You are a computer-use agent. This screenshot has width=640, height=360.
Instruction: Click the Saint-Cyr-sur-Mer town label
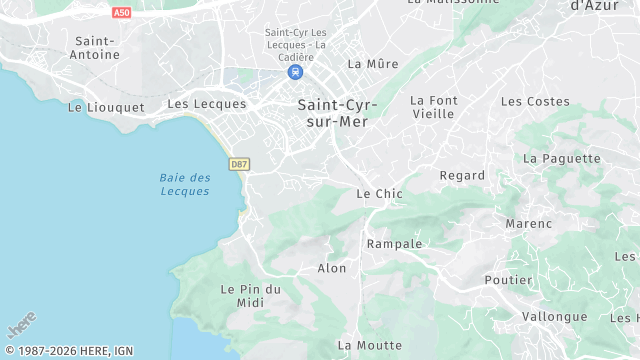[x=333, y=112]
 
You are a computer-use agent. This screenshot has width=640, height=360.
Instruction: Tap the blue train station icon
[x=295, y=72]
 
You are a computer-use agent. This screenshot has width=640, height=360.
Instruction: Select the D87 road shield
[x=239, y=164]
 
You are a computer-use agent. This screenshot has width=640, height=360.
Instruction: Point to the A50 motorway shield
[x=121, y=12]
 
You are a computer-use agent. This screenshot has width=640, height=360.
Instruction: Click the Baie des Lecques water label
[x=185, y=184]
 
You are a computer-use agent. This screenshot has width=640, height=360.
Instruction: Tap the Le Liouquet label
[x=105, y=106]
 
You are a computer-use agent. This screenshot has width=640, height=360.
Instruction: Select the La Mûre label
[x=373, y=64]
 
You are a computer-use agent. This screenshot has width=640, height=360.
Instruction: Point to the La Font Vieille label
[x=433, y=107]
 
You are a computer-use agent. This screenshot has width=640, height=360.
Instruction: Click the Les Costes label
[x=535, y=101]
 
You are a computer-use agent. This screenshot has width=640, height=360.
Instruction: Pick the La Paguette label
[x=562, y=158]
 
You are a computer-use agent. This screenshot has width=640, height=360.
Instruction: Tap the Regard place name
[x=462, y=175]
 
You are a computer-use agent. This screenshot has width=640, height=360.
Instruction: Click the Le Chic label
[x=379, y=194]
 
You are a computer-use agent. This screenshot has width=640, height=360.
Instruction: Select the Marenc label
[x=529, y=223]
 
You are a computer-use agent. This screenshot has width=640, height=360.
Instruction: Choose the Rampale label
[x=395, y=244]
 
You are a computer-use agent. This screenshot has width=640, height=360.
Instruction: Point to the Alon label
[x=332, y=268]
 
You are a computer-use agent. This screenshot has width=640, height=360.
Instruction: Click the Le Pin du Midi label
[x=250, y=295]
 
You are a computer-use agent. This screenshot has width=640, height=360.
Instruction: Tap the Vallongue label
[x=555, y=316]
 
